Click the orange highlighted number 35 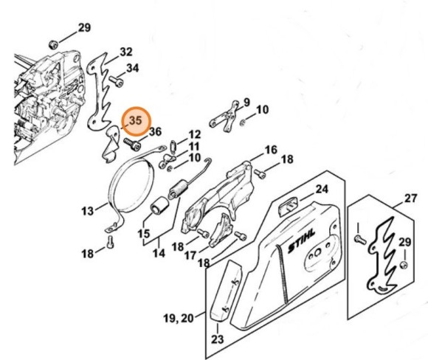tap(135, 120)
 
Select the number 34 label tap(132, 69)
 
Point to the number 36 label tap(155, 132)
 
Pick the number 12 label tap(194, 135)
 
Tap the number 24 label tap(321, 190)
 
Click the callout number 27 tap(410, 198)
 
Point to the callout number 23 tap(215, 339)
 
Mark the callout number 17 tap(190, 256)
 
